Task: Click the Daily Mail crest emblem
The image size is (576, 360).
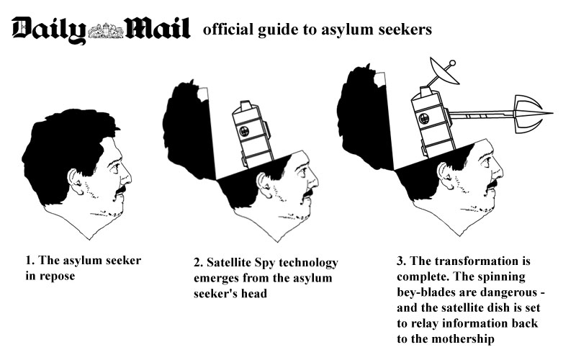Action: pyautogui.click(x=106, y=30)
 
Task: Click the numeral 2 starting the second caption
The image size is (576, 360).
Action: pyautogui.click(x=199, y=262)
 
